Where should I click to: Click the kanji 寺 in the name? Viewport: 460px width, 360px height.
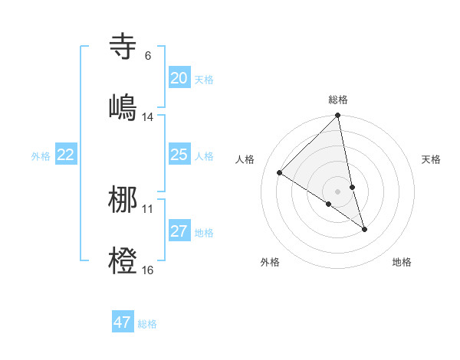coord(124,46)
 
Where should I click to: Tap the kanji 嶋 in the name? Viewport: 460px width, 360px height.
coord(124,106)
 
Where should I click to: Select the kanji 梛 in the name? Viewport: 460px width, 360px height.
coord(124,198)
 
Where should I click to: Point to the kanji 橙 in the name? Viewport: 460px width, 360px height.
coord(124,260)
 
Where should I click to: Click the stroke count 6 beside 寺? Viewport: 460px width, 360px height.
coord(148,56)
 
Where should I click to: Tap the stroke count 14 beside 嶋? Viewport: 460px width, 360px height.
coord(148,117)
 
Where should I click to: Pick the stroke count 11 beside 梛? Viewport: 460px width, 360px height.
coord(148,209)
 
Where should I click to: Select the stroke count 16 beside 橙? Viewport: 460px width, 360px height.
coord(148,270)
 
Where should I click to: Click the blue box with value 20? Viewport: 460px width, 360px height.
coord(179,78)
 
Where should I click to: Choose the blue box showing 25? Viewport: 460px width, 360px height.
coord(179,155)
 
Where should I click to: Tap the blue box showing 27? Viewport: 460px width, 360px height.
coord(179,231)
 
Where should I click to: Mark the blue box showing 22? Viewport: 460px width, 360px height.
coord(66,155)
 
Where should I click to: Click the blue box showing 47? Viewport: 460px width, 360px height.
coord(123,322)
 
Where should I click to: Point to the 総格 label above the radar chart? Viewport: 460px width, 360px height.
coord(338,100)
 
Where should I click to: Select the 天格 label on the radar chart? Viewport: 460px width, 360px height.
coord(431,159)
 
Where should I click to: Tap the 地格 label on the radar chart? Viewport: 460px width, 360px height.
coord(402,263)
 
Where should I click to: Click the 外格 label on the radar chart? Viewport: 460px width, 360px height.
coord(270,263)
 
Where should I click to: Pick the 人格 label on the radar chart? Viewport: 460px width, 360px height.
coord(245,159)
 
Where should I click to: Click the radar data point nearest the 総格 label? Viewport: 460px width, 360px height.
coord(338,116)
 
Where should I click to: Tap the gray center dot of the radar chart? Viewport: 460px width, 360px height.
coord(338,191)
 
